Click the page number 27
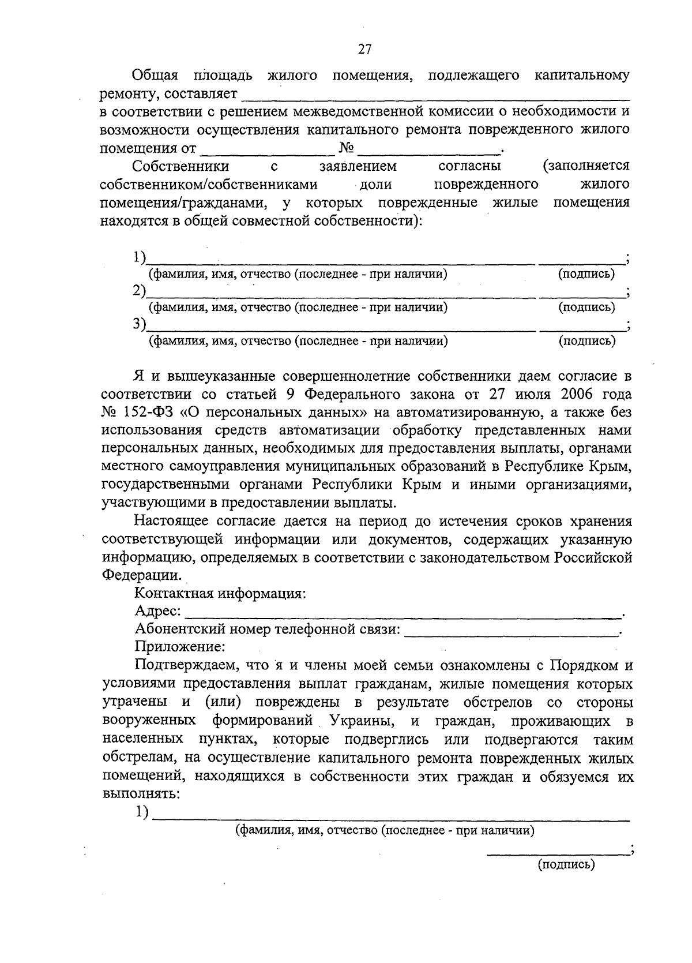coord(364,50)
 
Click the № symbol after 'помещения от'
coord(345,148)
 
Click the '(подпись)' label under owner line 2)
coord(586,308)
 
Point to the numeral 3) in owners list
coord(138,324)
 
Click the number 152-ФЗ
coord(149,413)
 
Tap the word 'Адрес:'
coord(157,611)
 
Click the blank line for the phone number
coord(511,634)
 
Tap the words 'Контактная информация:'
coord(220,593)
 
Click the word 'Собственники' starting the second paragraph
coord(180,167)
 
